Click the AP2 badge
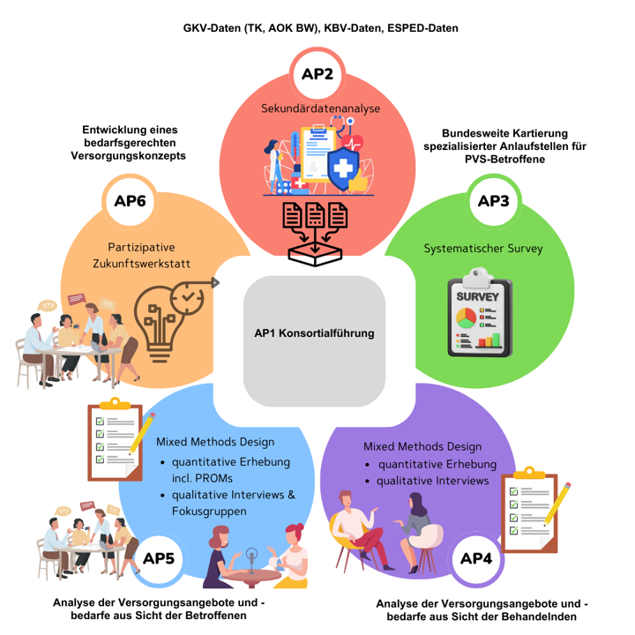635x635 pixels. coord(317,74)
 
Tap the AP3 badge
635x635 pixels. coord(493,202)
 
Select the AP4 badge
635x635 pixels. coord(476,559)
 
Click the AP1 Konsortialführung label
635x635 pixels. coord(314,333)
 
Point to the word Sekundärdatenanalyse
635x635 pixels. coord(320,108)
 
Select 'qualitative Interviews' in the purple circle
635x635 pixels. coord(432,481)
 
